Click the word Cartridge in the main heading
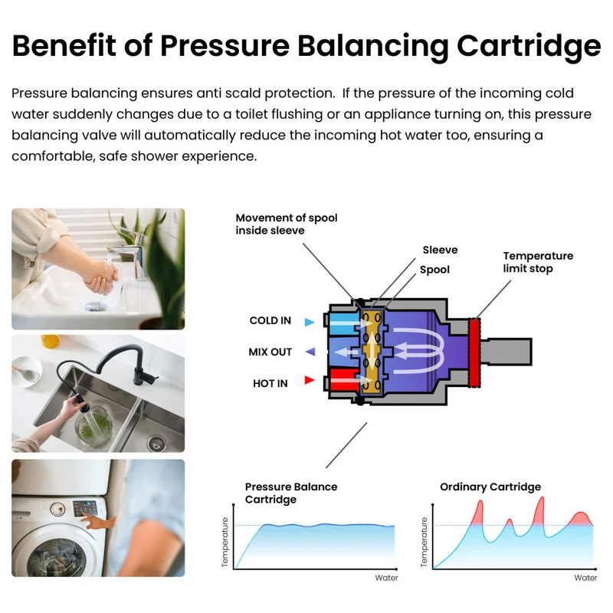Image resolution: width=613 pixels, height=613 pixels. [x=529, y=46]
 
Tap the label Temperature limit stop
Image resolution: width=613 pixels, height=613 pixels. [x=538, y=262]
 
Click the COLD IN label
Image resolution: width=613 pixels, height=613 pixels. [x=270, y=321]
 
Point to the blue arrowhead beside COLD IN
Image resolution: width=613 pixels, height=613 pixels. [x=309, y=323]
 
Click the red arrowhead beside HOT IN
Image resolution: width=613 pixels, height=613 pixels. [x=309, y=380]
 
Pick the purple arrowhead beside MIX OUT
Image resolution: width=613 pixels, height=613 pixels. [x=309, y=352]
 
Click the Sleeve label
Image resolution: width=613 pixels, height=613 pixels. [x=440, y=250]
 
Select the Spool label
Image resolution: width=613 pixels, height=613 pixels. [x=434, y=270]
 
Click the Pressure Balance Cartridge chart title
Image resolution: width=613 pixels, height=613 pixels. [x=290, y=493]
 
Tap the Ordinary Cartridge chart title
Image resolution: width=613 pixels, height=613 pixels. [x=490, y=487]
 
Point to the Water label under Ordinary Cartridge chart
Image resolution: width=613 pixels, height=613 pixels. [x=585, y=577]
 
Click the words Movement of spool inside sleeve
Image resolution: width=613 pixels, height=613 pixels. [x=286, y=224]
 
